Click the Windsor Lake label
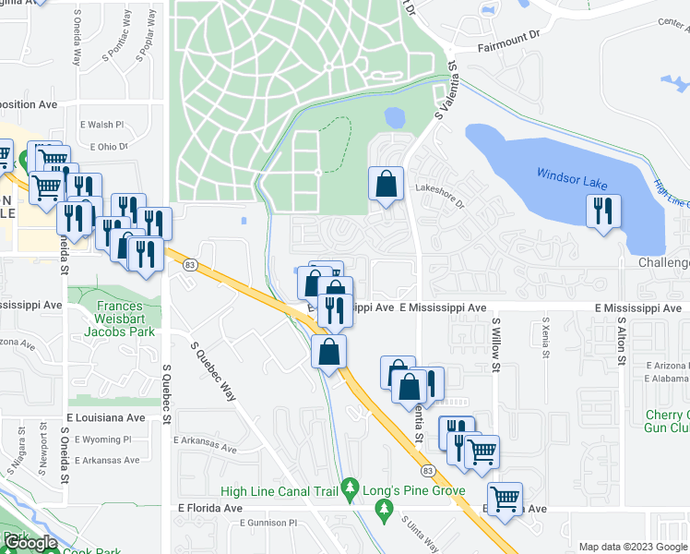point(572,175)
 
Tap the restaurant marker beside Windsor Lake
point(603,211)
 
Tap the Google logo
point(30,543)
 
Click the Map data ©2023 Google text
point(633,547)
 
